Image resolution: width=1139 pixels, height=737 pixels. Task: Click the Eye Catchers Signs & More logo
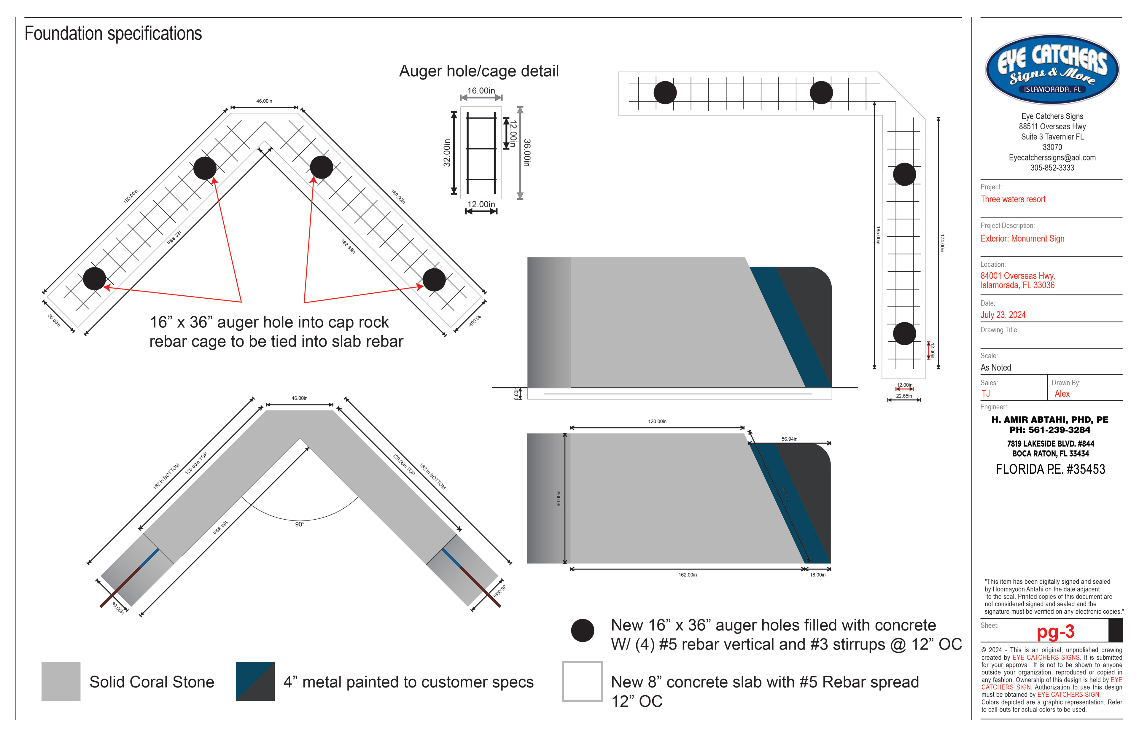[1052, 69]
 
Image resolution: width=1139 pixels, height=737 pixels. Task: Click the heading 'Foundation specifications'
[113, 34]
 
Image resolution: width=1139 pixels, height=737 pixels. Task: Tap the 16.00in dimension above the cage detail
[481, 90]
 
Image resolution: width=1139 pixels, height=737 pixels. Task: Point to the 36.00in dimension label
[526, 153]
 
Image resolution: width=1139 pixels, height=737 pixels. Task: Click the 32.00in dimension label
[446, 153]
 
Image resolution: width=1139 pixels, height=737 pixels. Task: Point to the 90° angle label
[300, 525]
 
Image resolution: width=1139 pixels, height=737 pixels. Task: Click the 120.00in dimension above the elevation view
[657, 422]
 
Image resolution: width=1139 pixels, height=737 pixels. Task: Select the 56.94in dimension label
[789, 439]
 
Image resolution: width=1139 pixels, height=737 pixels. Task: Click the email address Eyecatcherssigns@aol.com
[1052, 157]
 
